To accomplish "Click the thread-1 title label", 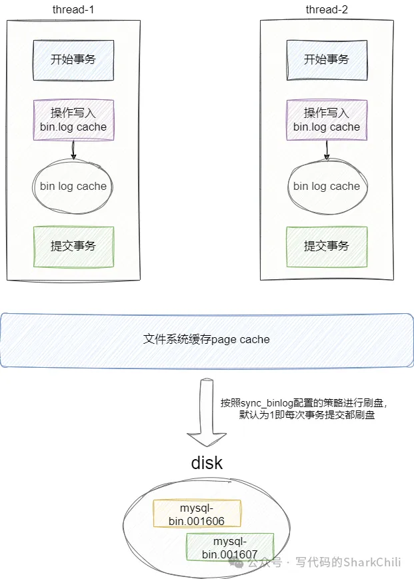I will pos(73,9).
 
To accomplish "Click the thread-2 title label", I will pos(327,9).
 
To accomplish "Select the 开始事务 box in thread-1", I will pos(73,59).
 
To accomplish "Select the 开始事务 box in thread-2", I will pos(327,59).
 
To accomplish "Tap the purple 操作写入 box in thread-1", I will pos(73,120).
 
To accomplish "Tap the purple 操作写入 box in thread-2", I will pos(327,120).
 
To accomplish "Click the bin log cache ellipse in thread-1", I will pos(73,187).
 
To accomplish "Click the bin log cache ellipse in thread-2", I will pos(327,187).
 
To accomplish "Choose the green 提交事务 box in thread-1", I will pos(73,247).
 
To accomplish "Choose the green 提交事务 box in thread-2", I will pos(327,247).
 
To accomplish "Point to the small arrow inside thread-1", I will pos(73,151).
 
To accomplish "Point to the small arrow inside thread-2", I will pos(327,151).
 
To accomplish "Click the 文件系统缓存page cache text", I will pos(207,339).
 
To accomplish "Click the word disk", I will pos(207,463).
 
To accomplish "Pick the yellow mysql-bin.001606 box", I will pos(197,514).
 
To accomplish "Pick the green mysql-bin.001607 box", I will pos(230,546).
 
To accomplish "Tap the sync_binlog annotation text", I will pos(303,408).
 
